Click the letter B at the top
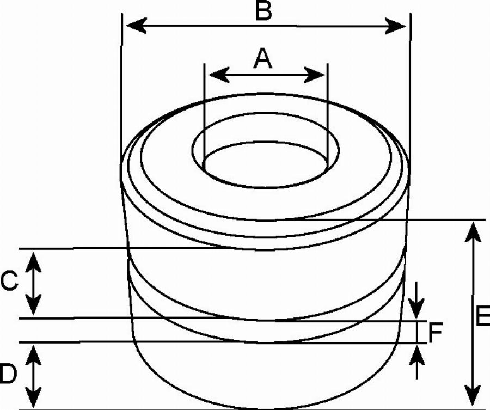264,11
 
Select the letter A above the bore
263,58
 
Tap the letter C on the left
9,282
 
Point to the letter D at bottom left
8,374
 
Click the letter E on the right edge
483,316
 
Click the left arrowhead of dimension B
136,25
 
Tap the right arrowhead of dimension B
395,26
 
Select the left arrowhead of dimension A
219,75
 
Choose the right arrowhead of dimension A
314,75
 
